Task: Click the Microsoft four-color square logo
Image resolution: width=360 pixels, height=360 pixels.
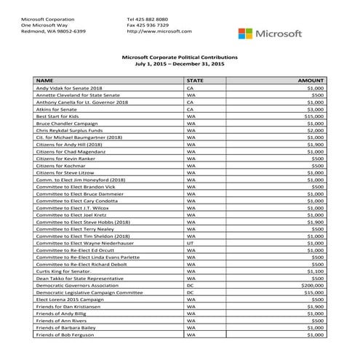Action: (x=246, y=33)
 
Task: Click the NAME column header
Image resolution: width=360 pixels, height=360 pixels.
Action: (x=45, y=79)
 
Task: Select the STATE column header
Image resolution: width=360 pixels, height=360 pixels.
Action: (x=195, y=79)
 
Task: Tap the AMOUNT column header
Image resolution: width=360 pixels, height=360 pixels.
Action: (x=311, y=79)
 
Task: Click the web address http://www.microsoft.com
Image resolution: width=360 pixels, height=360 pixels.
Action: (x=159, y=31)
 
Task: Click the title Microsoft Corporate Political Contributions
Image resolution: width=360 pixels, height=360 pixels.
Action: (x=179, y=57)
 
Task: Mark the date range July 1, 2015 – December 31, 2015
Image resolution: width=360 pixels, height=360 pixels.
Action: (x=179, y=64)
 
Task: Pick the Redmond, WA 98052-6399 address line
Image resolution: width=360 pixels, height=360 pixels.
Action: (x=53, y=31)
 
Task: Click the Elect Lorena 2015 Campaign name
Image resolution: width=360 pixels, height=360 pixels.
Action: (x=67, y=300)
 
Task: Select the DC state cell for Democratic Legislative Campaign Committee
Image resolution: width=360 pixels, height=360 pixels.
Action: (x=189, y=292)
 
